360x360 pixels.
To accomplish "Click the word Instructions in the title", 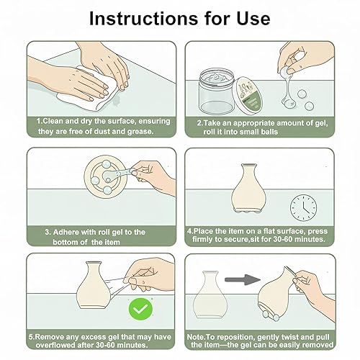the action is click(143, 19).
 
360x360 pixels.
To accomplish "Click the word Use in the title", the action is click(253, 19).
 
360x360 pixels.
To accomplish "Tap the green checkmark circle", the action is click(140, 309).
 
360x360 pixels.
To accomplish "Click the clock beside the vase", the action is click(303, 207).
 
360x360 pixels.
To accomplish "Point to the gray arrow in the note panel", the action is click(243, 279).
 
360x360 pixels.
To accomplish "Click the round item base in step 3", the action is click(106, 176).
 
